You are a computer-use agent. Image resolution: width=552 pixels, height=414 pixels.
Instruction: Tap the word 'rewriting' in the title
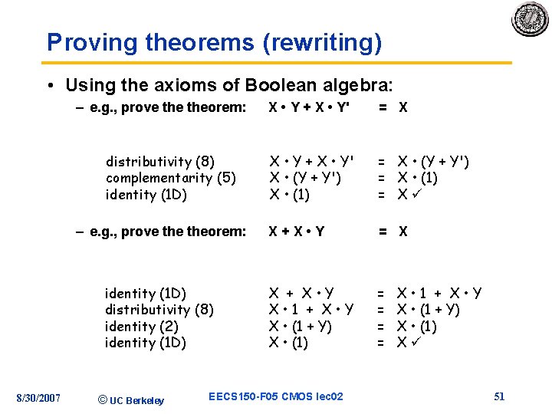point(322,43)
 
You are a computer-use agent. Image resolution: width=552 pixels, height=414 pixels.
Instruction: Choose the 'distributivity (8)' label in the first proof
point(159,161)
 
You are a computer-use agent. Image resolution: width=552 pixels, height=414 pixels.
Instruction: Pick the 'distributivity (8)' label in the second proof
point(159,309)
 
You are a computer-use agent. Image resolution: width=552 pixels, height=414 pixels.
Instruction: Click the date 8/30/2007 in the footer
point(39,396)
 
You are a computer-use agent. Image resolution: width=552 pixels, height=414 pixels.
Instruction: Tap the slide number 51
point(499,396)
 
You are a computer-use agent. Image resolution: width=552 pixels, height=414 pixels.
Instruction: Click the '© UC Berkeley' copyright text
point(132,399)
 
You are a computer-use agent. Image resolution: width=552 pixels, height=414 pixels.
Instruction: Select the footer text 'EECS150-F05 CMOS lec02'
point(276,396)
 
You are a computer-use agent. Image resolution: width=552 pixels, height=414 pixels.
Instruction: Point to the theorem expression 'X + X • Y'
point(296,232)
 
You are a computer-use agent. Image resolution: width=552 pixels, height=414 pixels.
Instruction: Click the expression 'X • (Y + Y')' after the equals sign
point(432,161)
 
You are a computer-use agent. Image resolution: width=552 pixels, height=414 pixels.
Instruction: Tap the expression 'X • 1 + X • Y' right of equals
point(439,292)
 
